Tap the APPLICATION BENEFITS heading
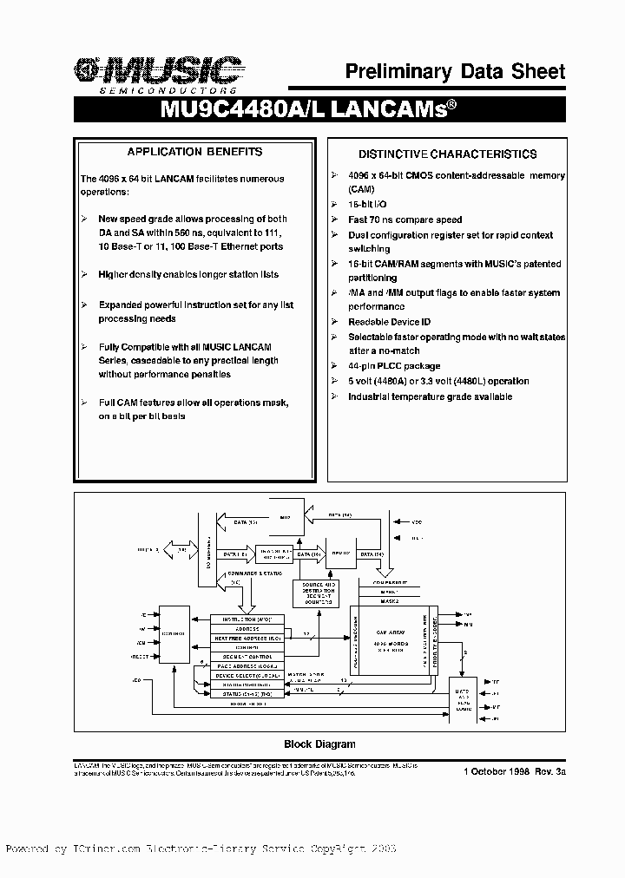coord(194,152)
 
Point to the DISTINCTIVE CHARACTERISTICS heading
coord(448,154)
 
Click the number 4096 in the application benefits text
coord(110,179)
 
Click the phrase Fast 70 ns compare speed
coord(405,219)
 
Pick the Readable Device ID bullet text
coord(389,321)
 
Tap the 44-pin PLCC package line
coord(394,366)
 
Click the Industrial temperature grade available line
coord(430,396)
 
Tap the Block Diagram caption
coord(319,744)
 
